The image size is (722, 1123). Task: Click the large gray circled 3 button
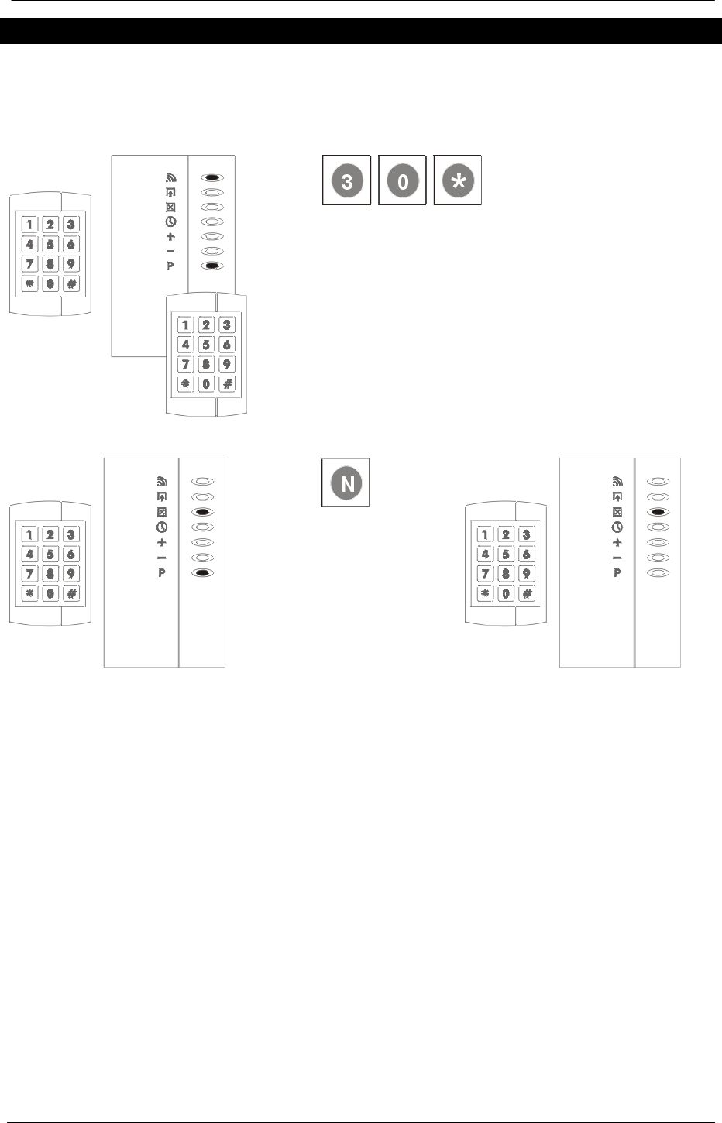coord(346,180)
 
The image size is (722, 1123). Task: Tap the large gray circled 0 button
coord(402,180)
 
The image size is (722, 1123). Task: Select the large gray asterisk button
coord(458,180)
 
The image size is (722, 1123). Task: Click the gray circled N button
coord(346,483)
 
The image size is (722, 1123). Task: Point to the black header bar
coord(361,31)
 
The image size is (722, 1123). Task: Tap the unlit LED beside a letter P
coord(658,573)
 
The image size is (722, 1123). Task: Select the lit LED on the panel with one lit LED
coord(658,512)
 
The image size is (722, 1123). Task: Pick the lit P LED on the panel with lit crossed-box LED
coord(202,573)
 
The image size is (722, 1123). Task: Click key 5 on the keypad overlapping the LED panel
coord(205,345)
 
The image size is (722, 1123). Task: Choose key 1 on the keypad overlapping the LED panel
coord(186,325)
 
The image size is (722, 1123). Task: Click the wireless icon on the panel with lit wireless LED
coord(170,177)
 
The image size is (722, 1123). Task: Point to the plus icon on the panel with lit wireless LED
coord(170,236)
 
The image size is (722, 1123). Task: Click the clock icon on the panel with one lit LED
coord(617,527)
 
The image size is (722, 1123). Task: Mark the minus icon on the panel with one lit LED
coord(617,558)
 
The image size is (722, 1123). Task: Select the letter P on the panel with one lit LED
coord(617,574)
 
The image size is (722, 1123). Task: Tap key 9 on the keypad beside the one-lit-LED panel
coord(526,574)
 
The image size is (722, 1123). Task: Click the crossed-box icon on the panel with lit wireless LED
coord(170,207)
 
